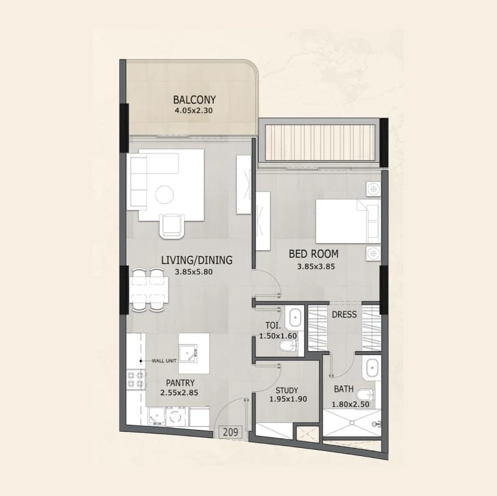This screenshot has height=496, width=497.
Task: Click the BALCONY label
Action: [195, 100]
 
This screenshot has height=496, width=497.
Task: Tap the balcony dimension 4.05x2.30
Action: [194, 110]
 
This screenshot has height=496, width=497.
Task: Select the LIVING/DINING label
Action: [196, 260]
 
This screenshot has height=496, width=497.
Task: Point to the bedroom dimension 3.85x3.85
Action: [316, 266]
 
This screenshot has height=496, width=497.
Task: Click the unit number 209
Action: [231, 432]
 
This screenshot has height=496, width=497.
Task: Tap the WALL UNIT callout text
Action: [164, 361]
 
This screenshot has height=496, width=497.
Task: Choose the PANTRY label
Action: [180, 383]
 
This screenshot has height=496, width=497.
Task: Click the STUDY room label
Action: [286, 391]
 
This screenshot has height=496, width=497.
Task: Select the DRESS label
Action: [344, 314]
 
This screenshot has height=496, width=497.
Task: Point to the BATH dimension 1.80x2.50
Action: [350, 404]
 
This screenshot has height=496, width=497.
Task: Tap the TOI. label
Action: [273, 326]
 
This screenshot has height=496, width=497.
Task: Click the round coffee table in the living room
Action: [165, 194]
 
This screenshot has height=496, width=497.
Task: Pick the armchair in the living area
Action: [172, 226]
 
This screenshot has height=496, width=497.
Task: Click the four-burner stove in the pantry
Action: [136, 380]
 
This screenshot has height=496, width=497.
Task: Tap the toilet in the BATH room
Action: [365, 395]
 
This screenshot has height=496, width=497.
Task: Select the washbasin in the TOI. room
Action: [294, 317]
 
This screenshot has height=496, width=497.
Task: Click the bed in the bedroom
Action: [348, 221]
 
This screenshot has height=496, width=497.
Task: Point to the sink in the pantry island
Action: [188, 354]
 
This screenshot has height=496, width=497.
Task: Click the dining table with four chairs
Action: [148, 290]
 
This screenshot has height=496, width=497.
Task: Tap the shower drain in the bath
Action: [352, 423]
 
